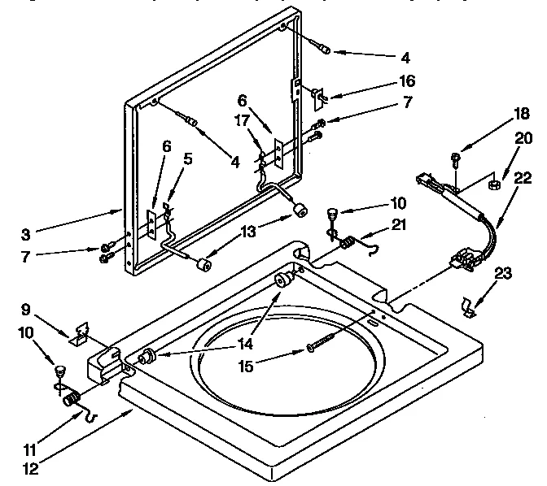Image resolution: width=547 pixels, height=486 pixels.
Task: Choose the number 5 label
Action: pyautogui.click(x=188, y=159)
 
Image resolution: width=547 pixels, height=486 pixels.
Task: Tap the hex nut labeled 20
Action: pyautogui.click(x=493, y=185)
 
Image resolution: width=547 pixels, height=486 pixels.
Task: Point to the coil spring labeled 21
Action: pyautogui.click(x=348, y=241)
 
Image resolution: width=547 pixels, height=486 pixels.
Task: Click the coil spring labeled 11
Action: pyautogui.click(x=71, y=398)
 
